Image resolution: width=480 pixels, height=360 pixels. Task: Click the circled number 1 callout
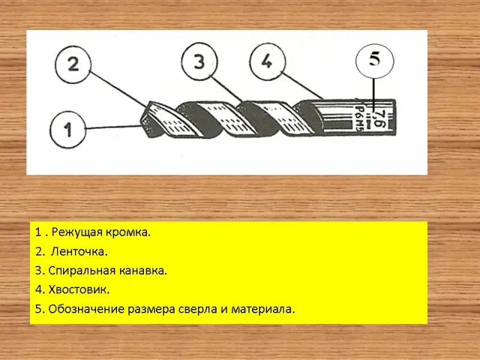point(68,130)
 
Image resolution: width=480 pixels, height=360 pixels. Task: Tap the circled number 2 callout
point(73,65)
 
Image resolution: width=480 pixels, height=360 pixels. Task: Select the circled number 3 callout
point(199,62)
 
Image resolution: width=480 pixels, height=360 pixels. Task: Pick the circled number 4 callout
point(268,62)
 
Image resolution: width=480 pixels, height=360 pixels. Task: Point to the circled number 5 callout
point(374,61)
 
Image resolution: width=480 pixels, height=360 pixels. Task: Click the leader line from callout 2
point(118,88)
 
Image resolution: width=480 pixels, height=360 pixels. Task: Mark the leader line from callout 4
point(302,85)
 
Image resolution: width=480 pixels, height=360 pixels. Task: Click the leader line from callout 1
point(113,127)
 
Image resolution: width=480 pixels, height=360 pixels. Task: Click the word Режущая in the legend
point(77,233)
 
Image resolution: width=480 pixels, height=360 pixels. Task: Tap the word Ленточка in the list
point(79,251)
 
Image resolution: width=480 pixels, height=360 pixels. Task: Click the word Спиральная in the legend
point(82,271)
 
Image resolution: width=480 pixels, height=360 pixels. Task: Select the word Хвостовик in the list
point(79,290)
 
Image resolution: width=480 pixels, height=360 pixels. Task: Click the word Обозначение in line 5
point(86,309)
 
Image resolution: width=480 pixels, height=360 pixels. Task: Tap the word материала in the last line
point(263,310)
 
